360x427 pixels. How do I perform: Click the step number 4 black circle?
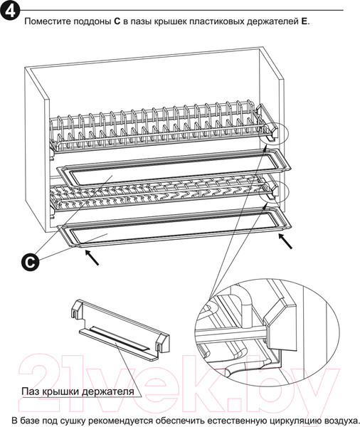[x=10, y=11]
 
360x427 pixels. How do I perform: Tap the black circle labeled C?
[x=30, y=262]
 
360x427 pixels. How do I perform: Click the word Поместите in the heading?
[x=47, y=21]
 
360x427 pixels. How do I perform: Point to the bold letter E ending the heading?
[x=304, y=21]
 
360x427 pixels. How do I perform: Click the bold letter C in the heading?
[x=117, y=21]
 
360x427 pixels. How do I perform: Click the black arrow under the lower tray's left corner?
[x=92, y=258]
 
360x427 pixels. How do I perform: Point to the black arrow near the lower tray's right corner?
[x=285, y=241]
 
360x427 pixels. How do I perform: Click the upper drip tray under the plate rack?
[x=174, y=167]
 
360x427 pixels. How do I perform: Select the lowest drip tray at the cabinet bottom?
[x=174, y=228]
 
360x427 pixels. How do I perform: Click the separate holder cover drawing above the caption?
[x=120, y=330]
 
